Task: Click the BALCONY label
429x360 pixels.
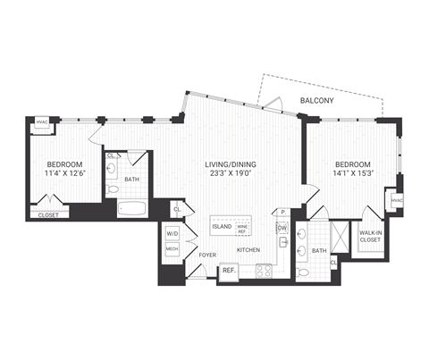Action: pyautogui.click(x=317, y=100)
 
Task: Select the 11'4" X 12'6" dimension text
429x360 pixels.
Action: pyautogui.click(x=65, y=175)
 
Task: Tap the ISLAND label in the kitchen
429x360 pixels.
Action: pyautogui.click(x=222, y=227)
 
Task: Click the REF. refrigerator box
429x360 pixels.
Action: pyautogui.click(x=228, y=271)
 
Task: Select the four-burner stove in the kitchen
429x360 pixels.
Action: pyautogui.click(x=265, y=271)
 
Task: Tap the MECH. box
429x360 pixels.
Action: pyautogui.click(x=172, y=249)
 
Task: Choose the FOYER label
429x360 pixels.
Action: pyautogui.click(x=207, y=255)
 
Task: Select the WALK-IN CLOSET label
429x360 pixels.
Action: pyautogui.click(x=370, y=236)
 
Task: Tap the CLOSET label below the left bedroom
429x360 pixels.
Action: pyautogui.click(x=48, y=215)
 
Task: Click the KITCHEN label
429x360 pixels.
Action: pyautogui.click(x=248, y=250)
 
